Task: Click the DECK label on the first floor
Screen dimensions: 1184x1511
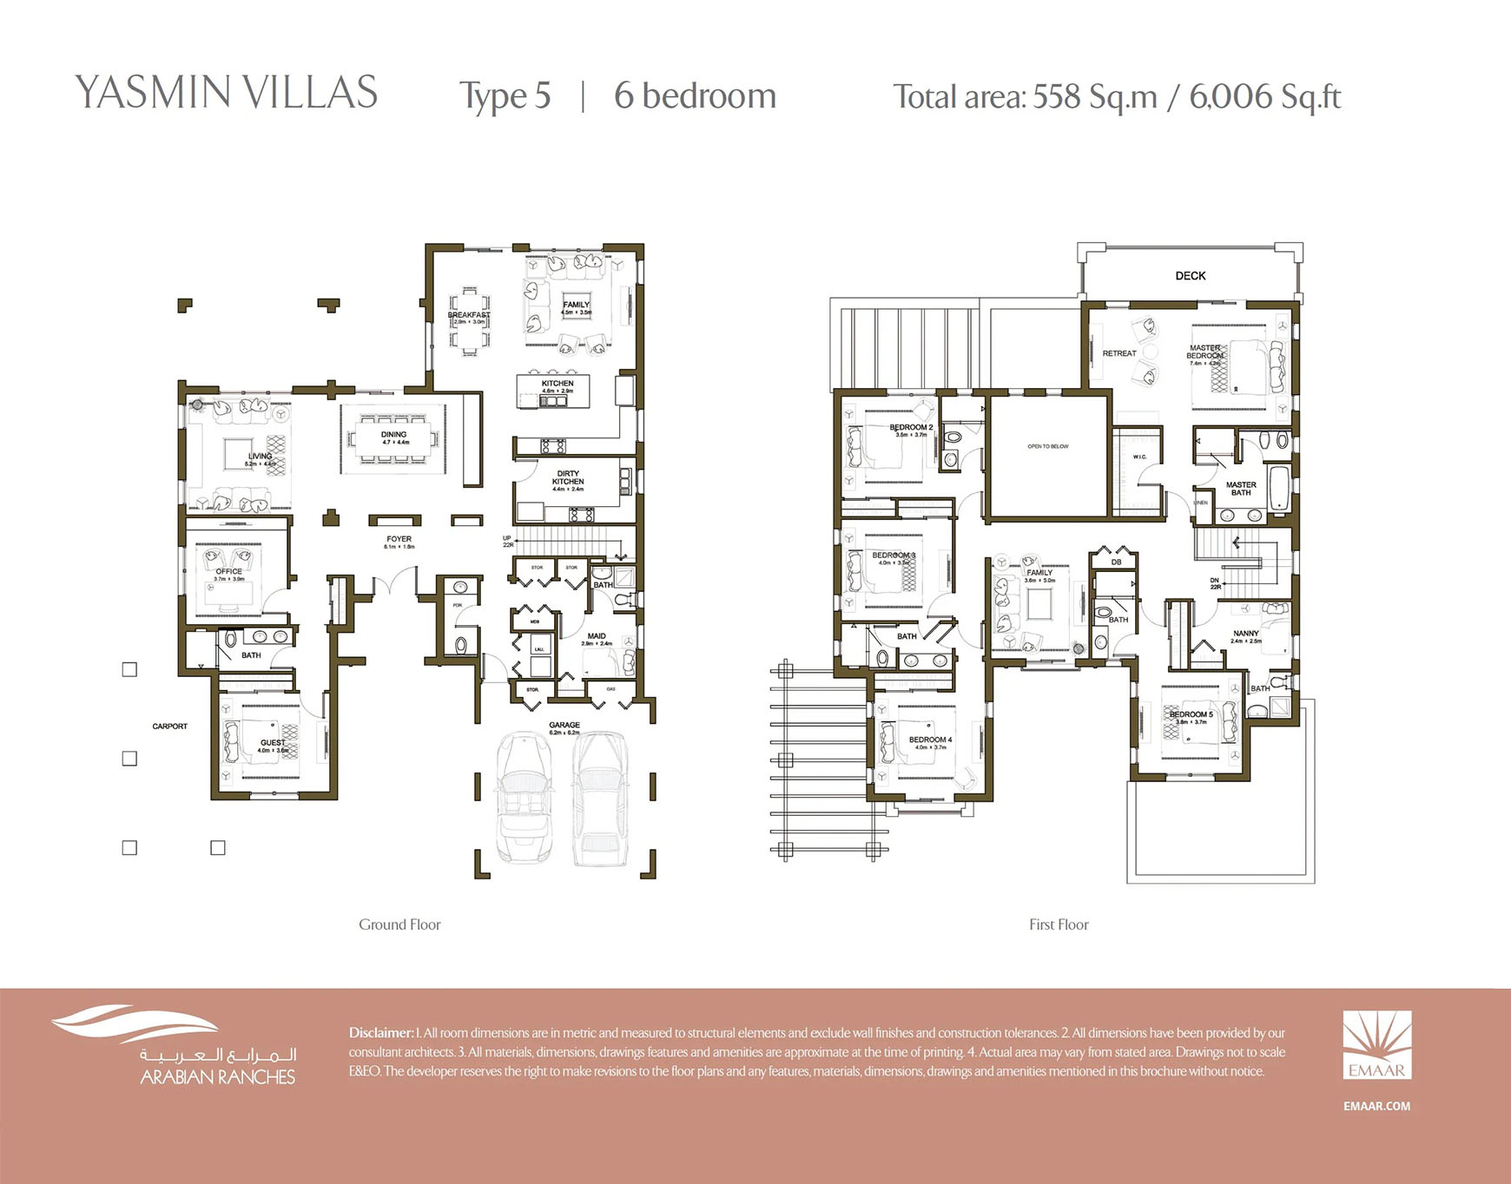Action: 1190,276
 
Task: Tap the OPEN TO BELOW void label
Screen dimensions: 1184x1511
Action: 1047,446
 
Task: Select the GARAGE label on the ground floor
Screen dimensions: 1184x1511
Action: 564,725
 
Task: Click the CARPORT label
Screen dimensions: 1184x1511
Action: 169,727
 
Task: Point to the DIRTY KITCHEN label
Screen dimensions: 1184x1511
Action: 568,477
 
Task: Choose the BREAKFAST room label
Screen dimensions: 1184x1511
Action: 469,315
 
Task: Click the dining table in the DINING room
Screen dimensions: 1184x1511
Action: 394,438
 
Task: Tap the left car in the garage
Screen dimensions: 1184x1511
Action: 525,799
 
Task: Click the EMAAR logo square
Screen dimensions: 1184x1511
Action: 1376,1045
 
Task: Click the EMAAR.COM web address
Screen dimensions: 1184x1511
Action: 1376,1106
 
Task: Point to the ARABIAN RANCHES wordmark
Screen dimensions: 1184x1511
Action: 218,1077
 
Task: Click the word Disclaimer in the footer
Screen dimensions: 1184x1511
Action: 380,1033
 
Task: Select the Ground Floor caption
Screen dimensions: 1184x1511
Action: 399,925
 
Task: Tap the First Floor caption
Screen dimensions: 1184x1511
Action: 1059,925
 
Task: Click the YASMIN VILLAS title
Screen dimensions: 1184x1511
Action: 226,93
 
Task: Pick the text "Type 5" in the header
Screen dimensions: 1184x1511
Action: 505,96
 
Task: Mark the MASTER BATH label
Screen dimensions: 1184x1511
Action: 1241,489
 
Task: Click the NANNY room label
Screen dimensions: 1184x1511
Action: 1245,634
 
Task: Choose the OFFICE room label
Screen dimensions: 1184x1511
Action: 229,571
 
